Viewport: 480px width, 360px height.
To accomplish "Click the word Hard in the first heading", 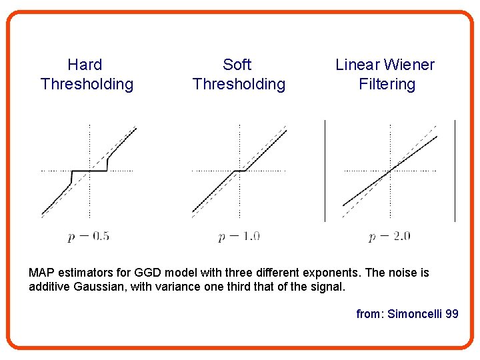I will pyautogui.click(x=85, y=65).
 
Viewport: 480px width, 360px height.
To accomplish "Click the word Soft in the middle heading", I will pyautogui.click(x=237, y=65).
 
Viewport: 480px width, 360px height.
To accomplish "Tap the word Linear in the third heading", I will pyautogui.click(x=356, y=65).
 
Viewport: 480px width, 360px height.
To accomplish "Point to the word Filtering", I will pyautogui.click(x=387, y=84).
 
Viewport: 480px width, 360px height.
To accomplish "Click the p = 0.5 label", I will pyautogui.click(x=89, y=235).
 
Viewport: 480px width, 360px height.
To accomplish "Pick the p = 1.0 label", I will pyautogui.click(x=239, y=235).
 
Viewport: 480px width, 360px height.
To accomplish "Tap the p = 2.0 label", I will pyautogui.click(x=389, y=235).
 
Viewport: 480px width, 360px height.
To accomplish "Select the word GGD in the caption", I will pyautogui.click(x=139, y=273).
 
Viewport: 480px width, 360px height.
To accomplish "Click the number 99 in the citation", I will pyautogui.click(x=451, y=313).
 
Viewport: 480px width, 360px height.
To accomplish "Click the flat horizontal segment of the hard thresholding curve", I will pyautogui.click(x=89, y=171).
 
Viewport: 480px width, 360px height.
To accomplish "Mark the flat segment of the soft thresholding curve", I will pyautogui.click(x=239, y=171).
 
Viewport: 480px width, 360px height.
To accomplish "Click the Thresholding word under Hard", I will pyautogui.click(x=87, y=84).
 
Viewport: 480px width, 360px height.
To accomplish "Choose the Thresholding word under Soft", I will pyautogui.click(x=239, y=84).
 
